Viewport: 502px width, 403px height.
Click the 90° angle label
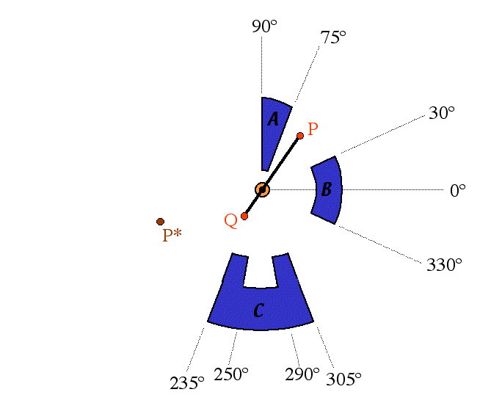click(264, 26)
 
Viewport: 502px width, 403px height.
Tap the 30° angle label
click(442, 113)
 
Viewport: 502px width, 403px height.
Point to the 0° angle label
click(458, 191)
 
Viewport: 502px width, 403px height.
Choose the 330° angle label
click(444, 265)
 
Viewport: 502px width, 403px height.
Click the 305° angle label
click(344, 379)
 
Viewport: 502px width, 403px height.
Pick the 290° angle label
click(302, 374)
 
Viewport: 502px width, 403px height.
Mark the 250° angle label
click(231, 374)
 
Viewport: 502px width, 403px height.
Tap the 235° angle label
click(187, 382)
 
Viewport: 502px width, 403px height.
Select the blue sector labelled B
click(327, 190)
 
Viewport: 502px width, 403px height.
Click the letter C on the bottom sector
click(258, 311)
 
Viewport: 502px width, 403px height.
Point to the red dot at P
click(300, 136)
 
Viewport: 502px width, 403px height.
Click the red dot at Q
click(244, 216)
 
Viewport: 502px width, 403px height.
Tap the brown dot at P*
click(160, 222)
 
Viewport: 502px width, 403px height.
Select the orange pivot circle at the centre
click(262, 190)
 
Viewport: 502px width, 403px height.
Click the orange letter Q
click(230, 220)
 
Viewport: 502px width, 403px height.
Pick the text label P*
click(172, 235)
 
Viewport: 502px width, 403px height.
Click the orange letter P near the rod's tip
click(313, 129)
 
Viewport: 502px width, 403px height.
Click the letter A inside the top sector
click(273, 119)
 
